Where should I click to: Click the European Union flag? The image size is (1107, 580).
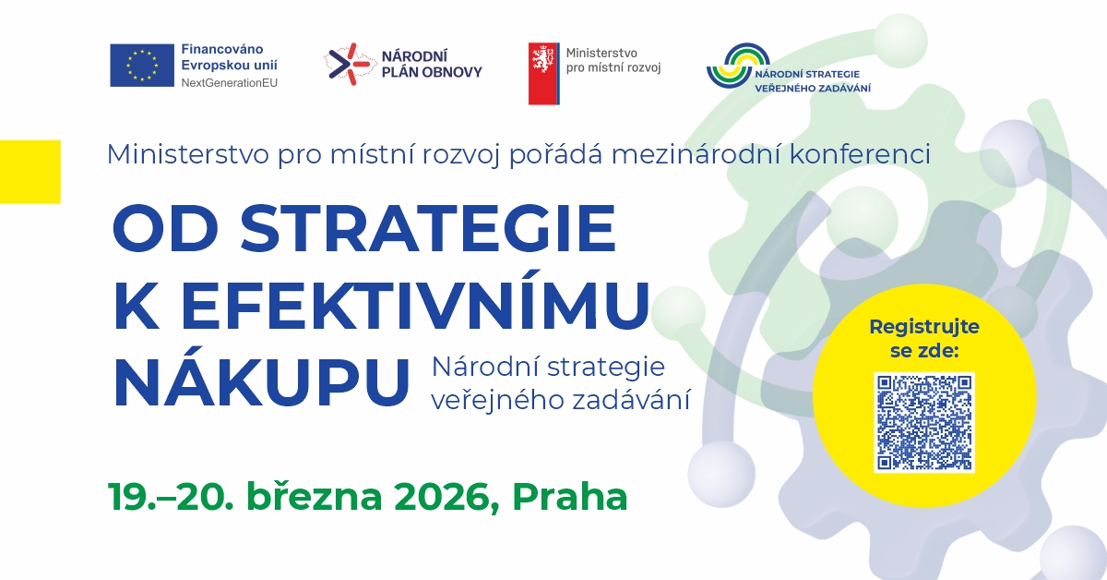(142, 66)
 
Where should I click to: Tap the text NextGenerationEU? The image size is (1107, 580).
(230, 83)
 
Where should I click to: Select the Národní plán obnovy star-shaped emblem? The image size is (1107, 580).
(349, 64)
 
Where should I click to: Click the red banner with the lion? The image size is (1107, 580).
(544, 73)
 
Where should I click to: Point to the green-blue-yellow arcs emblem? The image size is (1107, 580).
(738, 66)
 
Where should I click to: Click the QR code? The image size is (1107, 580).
(924, 422)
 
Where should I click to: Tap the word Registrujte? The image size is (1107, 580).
(924, 328)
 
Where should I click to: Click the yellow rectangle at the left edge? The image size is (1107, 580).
(30, 172)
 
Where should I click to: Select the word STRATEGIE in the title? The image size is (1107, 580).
(428, 228)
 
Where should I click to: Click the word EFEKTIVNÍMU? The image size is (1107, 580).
(415, 305)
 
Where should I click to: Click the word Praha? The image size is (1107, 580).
(570, 496)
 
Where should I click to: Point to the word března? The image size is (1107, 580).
(315, 495)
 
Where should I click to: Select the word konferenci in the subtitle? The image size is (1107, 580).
(860, 154)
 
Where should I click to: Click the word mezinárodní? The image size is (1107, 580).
(696, 154)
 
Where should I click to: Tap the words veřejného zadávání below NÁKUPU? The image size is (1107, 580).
(561, 400)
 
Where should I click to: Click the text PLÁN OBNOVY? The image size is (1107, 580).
(432, 72)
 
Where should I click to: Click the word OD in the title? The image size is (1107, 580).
(165, 229)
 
